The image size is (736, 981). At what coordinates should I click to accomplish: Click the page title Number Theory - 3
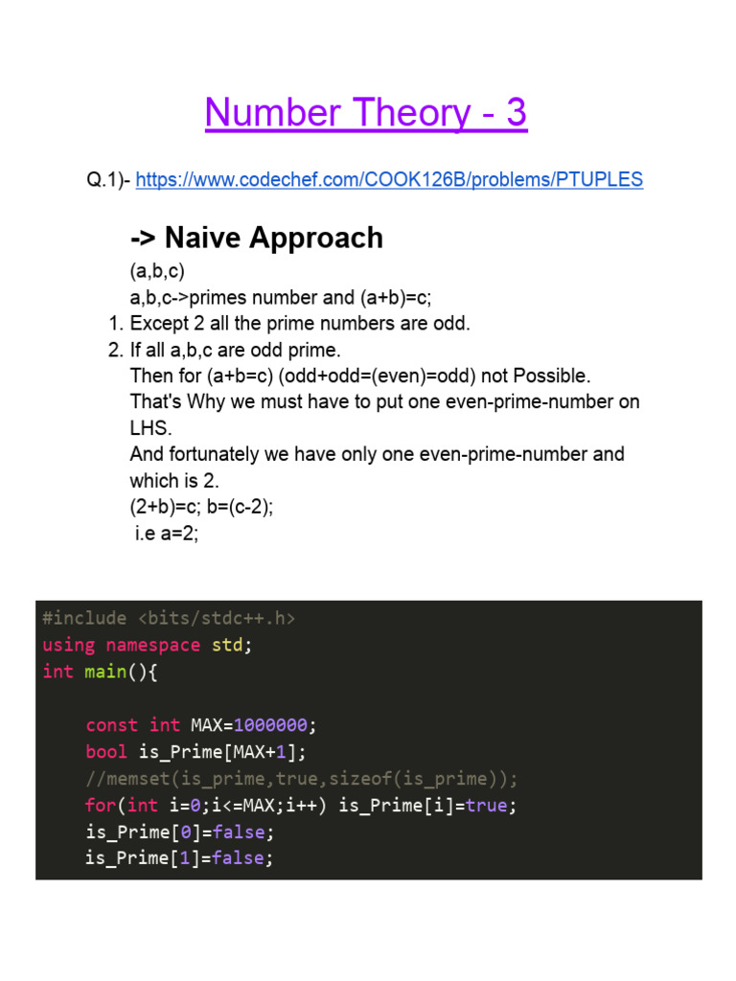(x=366, y=114)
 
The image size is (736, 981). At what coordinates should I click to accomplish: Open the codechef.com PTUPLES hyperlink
(x=389, y=179)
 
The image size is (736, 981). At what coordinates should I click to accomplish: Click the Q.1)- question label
(x=108, y=179)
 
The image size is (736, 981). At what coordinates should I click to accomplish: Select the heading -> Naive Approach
(x=256, y=238)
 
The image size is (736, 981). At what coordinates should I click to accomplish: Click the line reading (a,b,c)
(x=157, y=272)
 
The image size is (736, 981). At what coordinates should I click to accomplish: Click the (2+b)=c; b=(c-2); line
(x=201, y=507)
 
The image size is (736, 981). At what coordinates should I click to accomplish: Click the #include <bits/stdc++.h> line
(x=169, y=619)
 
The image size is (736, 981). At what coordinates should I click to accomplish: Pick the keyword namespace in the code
(x=152, y=645)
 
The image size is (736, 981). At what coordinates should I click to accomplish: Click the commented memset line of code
(x=302, y=778)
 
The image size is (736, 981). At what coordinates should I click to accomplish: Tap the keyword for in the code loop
(x=101, y=805)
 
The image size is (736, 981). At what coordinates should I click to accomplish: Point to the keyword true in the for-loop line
(x=486, y=805)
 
